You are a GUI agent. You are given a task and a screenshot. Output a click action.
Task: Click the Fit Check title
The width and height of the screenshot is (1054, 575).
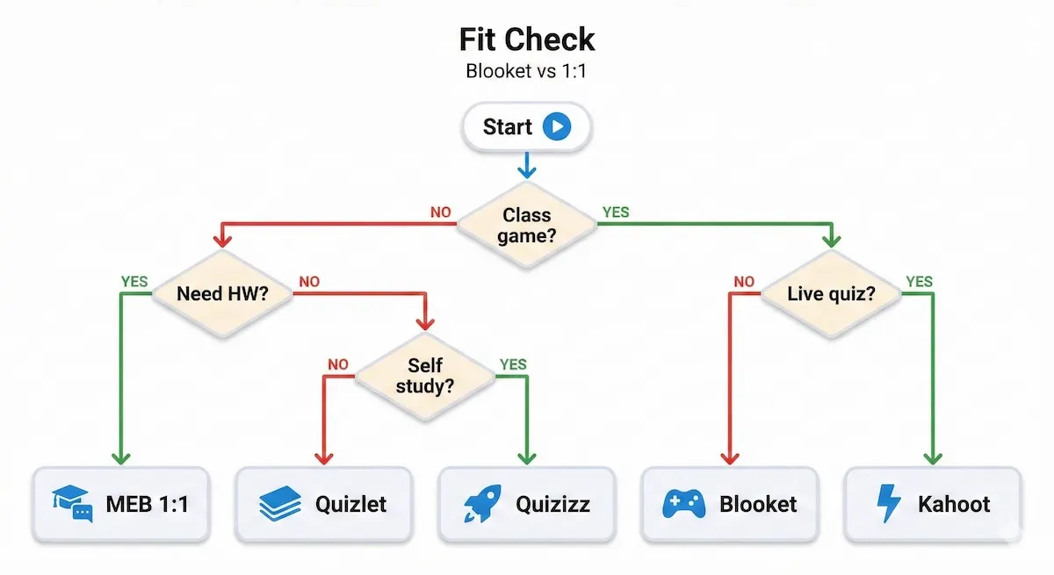[527, 40]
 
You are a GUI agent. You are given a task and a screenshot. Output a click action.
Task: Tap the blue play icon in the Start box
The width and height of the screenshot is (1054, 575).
[557, 127]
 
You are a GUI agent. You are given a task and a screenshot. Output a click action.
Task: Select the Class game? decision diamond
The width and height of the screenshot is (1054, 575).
[527, 226]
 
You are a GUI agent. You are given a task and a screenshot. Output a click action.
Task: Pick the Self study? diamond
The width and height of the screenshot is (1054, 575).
[425, 376]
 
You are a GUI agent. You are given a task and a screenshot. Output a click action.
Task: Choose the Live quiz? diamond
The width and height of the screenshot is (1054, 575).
[830, 293]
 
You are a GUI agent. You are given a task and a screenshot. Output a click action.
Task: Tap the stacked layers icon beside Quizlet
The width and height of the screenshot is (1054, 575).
[280, 504]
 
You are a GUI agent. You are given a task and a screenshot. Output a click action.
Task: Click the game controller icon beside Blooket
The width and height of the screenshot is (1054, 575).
[682, 504]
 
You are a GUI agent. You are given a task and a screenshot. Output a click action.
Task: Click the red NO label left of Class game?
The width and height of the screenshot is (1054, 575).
[441, 212]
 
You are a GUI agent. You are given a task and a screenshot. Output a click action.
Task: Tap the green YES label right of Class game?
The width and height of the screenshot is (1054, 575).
[615, 212]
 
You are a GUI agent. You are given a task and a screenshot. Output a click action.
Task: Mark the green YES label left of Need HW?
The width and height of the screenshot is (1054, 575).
[134, 283]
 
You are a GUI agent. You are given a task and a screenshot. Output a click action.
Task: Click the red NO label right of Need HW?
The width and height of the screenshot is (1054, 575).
[310, 283]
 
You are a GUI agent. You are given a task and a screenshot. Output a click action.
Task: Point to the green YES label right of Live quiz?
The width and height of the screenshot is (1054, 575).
[919, 283]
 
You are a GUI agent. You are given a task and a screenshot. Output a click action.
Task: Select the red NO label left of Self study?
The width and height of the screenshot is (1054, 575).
[338, 364]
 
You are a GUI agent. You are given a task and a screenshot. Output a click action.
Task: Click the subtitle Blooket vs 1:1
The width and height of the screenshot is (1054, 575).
[526, 71]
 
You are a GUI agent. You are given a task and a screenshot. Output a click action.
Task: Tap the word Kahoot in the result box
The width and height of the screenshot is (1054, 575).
[954, 504]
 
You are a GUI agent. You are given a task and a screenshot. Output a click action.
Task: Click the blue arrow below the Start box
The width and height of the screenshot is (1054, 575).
[526, 165]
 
